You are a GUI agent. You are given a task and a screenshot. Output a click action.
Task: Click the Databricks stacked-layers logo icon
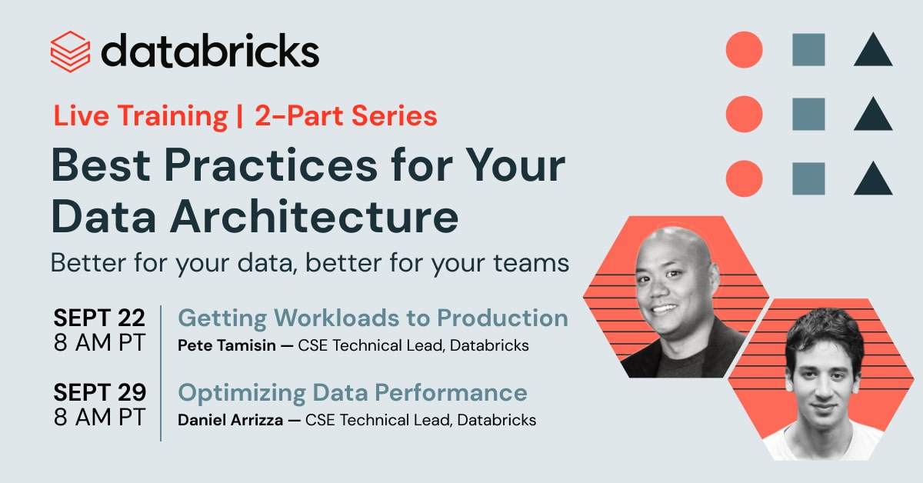pyautogui.click(x=70, y=52)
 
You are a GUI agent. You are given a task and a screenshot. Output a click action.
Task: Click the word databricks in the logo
pyautogui.click(x=210, y=50)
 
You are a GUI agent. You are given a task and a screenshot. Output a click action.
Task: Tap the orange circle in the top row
pyautogui.click(x=745, y=49)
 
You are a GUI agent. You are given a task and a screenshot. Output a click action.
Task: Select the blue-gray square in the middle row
pyautogui.click(x=808, y=114)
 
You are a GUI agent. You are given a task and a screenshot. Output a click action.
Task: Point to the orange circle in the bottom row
pyautogui.click(x=745, y=178)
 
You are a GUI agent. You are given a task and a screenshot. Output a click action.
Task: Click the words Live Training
pyautogui.click(x=141, y=116)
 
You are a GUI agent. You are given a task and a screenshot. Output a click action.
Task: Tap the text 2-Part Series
pyautogui.click(x=345, y=115)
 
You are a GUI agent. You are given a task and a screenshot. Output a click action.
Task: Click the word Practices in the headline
pyautogui.click(x=271, y=165)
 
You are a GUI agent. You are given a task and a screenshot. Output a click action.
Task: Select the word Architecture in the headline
pyautogui.click(x=314, y=217)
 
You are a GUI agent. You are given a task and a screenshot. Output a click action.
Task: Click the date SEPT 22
pyautogui.click(x=99, y=318)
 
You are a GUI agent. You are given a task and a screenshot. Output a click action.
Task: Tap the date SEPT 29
pyautogui.click(x=100, y=392)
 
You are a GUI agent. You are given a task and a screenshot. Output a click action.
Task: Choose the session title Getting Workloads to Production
pyautogui.click(x=373, y=318)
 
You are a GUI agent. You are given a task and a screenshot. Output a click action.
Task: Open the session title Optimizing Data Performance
pyautogui.click(x=352, y=393)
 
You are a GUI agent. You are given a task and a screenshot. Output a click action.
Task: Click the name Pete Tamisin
pyautogui.click(x=227, y=345)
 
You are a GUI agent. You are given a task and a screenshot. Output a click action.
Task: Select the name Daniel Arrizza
pyautogui.click(x=230, y=420)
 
